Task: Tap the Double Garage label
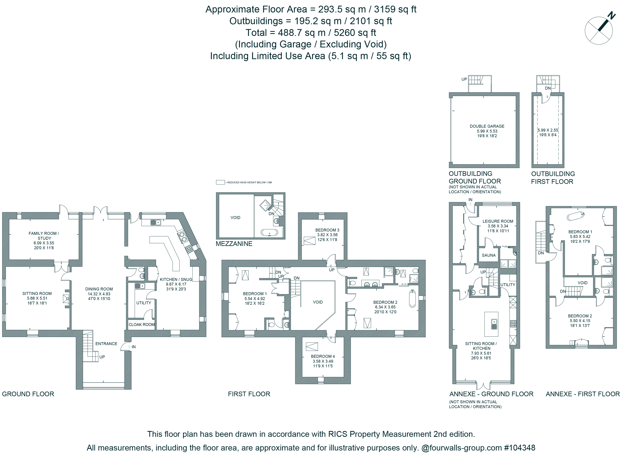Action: pyautogui.click(x=487, y=126)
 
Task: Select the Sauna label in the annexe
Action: pyautogui.click(x=489, y=255)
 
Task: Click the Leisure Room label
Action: pyautogui.click(x=498, y=221)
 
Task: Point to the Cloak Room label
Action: pyautogui.click(x=141, y=324)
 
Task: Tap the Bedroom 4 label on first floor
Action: pyautogui.click(x=323, y=356)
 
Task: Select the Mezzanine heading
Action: pyautogui.click(x=234, y=244)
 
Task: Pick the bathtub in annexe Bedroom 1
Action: pyautogui.click(x=575, y=216)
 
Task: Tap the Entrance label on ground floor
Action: pyautogui.click(x=106, y=344)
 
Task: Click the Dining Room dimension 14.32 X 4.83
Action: pyautogui.click(x=99, y=294)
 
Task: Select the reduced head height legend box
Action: pyautogui.click(x=220, y=182)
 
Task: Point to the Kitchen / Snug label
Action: pyautogui.click(x=176, y=279)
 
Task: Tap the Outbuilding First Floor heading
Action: pyautogui.click(x=553, y=178)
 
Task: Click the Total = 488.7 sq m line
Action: pyautogui.click(x=311, y=33)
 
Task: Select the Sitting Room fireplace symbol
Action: pyautogui.click(x=66, y=299)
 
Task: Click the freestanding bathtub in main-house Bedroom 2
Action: pyautogui.click(x=412, y=299)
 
